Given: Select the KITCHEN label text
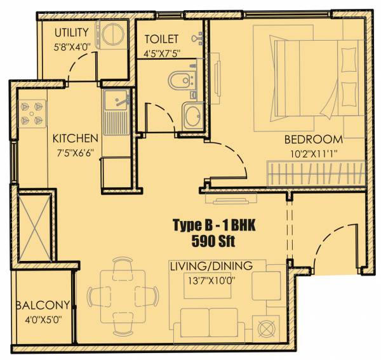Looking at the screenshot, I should pos(75,138).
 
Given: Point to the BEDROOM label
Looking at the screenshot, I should pos(313,139).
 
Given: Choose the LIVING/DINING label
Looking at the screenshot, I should pos(211,265).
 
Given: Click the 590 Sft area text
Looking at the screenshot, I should pos(210,240).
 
